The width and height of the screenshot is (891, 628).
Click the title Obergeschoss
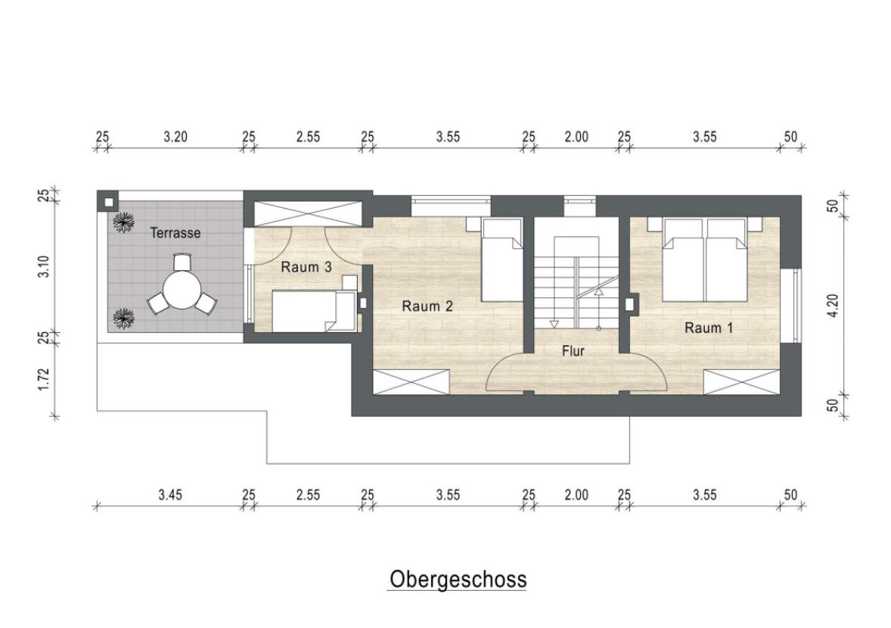(x=458, y=580)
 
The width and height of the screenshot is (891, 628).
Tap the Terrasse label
(x=175, y=233)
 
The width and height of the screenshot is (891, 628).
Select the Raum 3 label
(x=306, y=267)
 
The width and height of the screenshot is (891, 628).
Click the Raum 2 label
(x=427, y=306)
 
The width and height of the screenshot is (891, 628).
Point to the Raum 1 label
(x=709, y=328)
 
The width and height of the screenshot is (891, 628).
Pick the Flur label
(x=573, y=351)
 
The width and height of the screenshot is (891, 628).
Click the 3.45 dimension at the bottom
(x=170, y=495)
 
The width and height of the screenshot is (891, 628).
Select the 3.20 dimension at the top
(x=175, y=137)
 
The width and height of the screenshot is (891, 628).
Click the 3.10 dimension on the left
(x=44, y=266)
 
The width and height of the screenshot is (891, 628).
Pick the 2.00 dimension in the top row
(x=576, y=137)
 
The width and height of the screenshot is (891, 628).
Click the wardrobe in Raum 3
(x=306, y=213)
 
